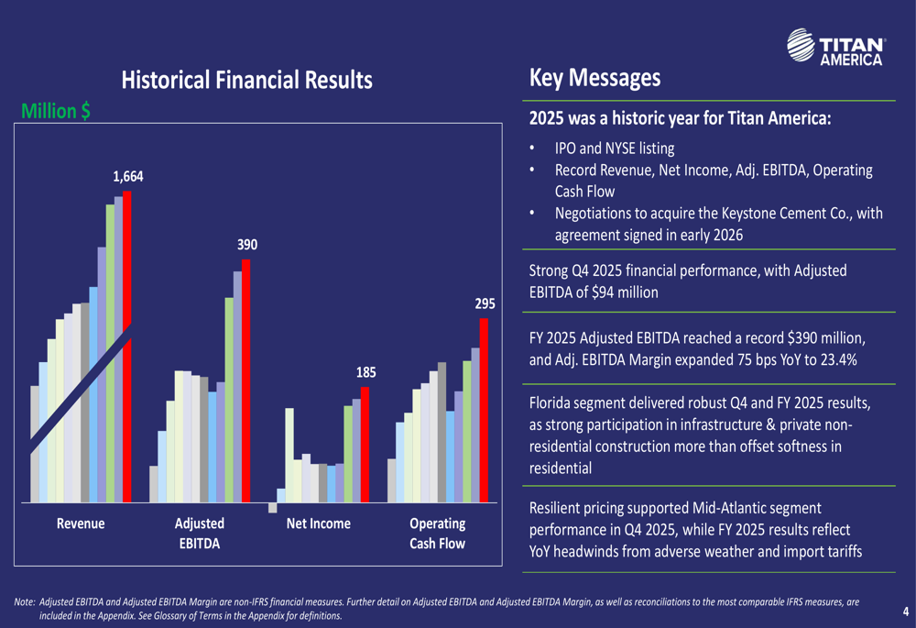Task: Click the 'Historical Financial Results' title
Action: coord(247,80)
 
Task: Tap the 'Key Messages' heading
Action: coord(594,78)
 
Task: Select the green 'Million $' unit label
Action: coord(55,111)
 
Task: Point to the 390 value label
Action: coord(247,245)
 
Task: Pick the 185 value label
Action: coord(365,372)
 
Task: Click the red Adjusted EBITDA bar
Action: coord(245,380)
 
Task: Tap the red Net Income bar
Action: coord(365,444)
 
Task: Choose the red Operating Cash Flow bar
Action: coord(485,410)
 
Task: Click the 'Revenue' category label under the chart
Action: coord(81,523)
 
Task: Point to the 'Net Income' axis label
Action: coord(318,523)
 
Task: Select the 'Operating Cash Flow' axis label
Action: coord(437,534)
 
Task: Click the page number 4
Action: coord(905,611)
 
